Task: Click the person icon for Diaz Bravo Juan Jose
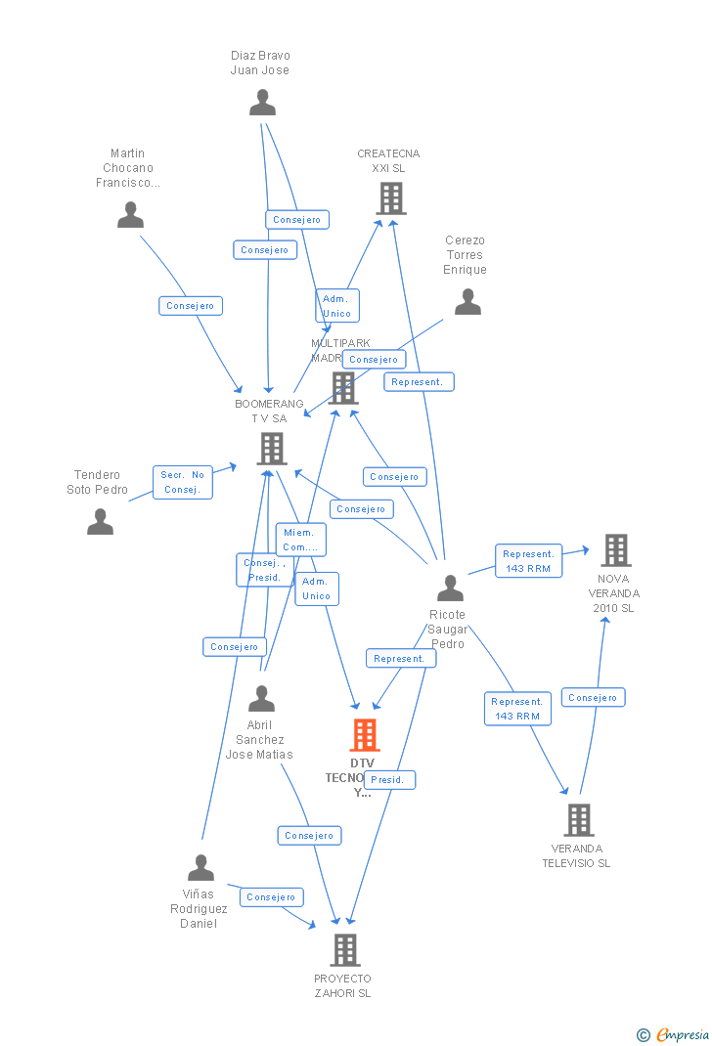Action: tap(262, 103)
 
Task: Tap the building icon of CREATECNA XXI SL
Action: tap(391, 198)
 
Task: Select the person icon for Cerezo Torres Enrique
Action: tap(467, 302)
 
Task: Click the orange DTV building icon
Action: tap(364, 735)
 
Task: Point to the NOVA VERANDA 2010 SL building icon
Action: tap(615, 550)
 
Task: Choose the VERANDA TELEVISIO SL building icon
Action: tap(578, 820)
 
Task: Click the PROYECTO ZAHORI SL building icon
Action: tap(344, 949)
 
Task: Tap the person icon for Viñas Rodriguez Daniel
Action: tap(200, 867)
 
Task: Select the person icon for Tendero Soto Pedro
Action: tap(100, 522)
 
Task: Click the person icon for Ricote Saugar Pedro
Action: tap(450, 588)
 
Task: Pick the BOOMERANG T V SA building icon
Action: tap(271, 449)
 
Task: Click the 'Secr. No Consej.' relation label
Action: tap(183, 482)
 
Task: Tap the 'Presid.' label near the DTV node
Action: tap(388, 780)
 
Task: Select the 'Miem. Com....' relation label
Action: tap(299, 540)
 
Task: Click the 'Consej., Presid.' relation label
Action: tap(262, 570)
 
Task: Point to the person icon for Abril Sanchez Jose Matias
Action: tap(261, 699)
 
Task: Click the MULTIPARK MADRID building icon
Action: tap(343, 388)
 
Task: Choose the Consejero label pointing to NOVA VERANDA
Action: tap(593, 697)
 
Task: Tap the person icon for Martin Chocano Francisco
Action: tap(130, 215)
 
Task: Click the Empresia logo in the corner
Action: tap(674, 1034)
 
